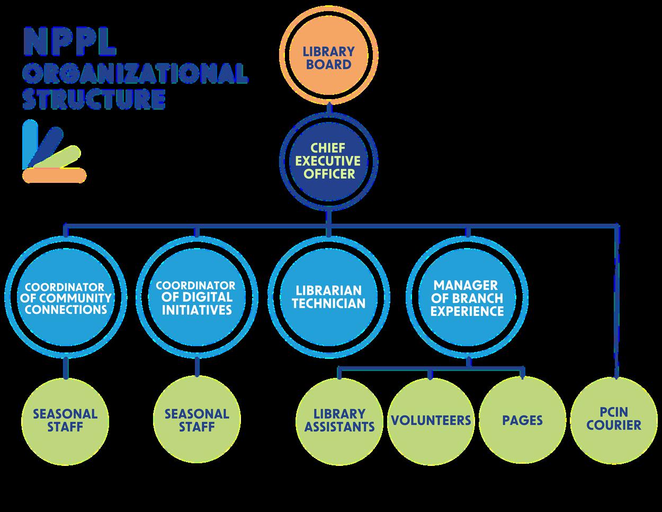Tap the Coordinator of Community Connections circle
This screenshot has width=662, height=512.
tap(66, 297)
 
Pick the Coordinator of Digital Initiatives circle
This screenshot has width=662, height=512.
tap(196, 297)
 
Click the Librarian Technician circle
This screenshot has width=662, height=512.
tap(328, 297)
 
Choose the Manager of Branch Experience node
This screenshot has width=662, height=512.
tap(467, 297)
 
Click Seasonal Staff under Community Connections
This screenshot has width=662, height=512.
tap(65, 420)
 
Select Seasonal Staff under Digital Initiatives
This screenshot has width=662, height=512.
tap(196, 420)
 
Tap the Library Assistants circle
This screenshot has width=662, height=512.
tap(339, 420)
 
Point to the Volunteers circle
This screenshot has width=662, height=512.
tap(431, 420)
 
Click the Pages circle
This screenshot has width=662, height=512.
tap(522, 420)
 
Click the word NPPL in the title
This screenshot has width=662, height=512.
tap(69, 43)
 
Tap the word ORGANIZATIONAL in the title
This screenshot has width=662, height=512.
tap(135, 73)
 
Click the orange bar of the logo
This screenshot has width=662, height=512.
tap(55, 175)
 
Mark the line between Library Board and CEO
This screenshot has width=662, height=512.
tap(328, 110)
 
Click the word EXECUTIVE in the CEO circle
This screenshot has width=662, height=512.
tap(328, 161)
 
